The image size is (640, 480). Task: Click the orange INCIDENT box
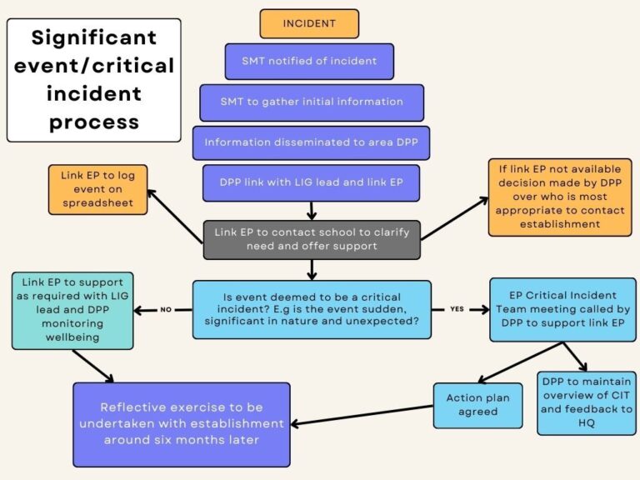point(309,23)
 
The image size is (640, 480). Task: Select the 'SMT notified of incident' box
point(309,61)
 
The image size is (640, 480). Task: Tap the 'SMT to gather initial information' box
point(311,102)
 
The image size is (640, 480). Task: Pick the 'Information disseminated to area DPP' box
point(311,142)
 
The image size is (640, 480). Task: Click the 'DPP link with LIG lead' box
point(311,182)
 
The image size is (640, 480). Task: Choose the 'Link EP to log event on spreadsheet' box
point(97,189)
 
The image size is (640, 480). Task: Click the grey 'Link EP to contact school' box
point(312,239)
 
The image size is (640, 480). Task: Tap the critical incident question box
point(312,309)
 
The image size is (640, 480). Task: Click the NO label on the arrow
point(165,309)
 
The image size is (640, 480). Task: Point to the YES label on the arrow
point(457,309)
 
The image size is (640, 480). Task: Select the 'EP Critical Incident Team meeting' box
point(562,309)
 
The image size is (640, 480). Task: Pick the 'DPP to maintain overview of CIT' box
point(586,402)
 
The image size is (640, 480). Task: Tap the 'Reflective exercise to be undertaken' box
point(181,423)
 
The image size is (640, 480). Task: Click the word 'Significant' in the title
point(93,37)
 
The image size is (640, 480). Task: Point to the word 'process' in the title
point(93,122)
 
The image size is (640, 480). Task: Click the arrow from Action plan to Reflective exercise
point(362,414)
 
